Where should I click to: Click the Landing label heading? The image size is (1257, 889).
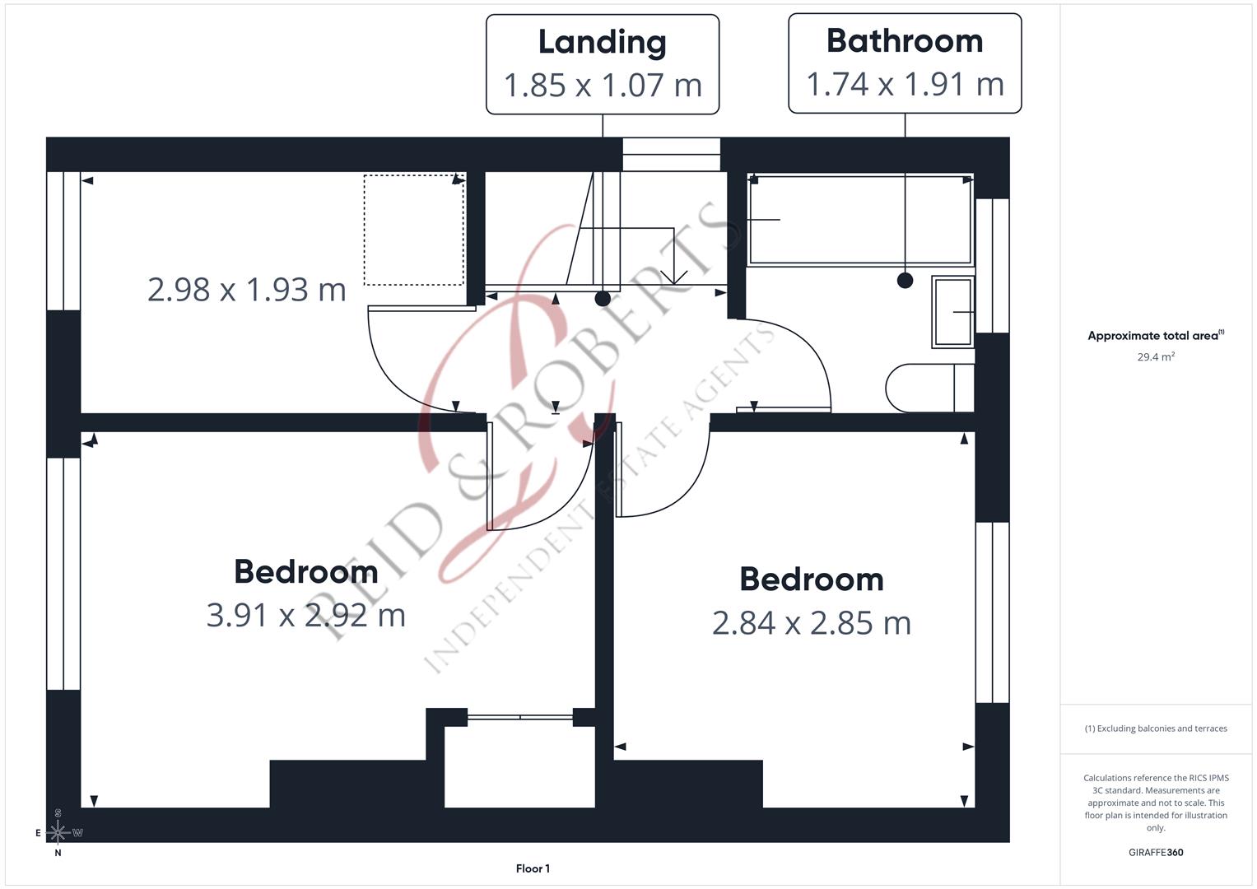click(602, 43)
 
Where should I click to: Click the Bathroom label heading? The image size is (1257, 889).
click(905, 41)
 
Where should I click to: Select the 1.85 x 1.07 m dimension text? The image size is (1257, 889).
click(603, 86)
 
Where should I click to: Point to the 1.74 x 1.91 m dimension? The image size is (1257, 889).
click(905, 84)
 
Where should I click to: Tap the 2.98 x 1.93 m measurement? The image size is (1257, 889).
click(246, 290)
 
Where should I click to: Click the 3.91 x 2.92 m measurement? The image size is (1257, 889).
click(306, 615)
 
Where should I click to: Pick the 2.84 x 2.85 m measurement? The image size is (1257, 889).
click(812, 623)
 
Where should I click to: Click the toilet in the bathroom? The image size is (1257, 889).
click(929, 388)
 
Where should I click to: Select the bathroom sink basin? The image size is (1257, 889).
click(953, 311)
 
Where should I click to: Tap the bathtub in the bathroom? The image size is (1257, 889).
click(860, 220)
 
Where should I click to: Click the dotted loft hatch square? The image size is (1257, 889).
click(414, 230)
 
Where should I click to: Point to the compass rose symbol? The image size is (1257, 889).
click(58, 831)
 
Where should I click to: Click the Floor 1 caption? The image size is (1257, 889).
click(533, 868)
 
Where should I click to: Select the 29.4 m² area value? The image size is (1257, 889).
click(1156, 356)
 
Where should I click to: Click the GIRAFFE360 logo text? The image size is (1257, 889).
click(1156, 852)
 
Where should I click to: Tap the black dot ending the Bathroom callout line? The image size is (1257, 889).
click(905, 280)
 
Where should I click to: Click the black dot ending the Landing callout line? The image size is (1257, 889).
click(603, 299)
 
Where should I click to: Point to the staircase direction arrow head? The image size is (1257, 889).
click(674, 278)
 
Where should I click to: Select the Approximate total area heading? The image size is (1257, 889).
click(1156, 335)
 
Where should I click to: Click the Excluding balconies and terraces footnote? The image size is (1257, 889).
click(1156, 728)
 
